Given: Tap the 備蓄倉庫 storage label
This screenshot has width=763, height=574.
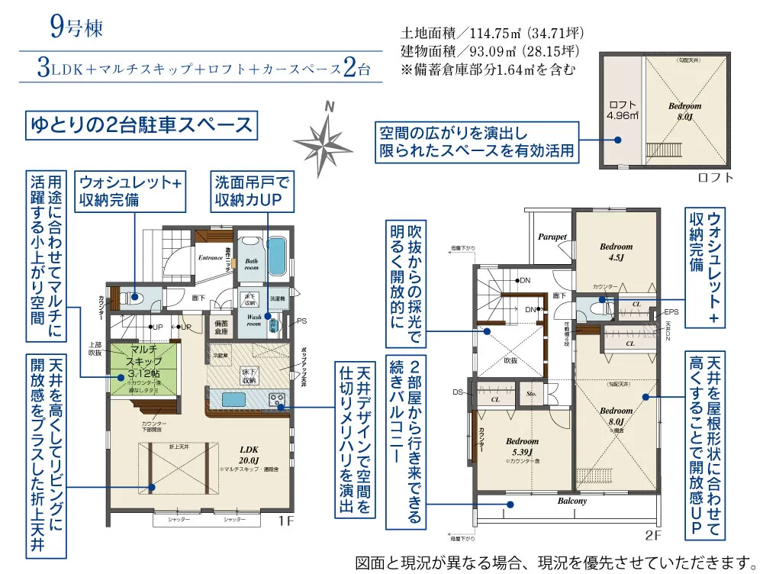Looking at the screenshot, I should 222,327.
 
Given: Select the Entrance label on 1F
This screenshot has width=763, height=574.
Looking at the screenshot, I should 211,258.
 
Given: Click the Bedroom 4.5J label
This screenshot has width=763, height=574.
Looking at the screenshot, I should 616,251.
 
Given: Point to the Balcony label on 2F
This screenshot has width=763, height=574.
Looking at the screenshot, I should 571,501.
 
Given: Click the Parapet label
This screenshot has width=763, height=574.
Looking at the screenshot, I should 552,237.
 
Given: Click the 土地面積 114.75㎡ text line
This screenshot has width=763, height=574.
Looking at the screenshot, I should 492,34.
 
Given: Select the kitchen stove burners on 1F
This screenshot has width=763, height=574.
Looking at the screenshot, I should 275,398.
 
